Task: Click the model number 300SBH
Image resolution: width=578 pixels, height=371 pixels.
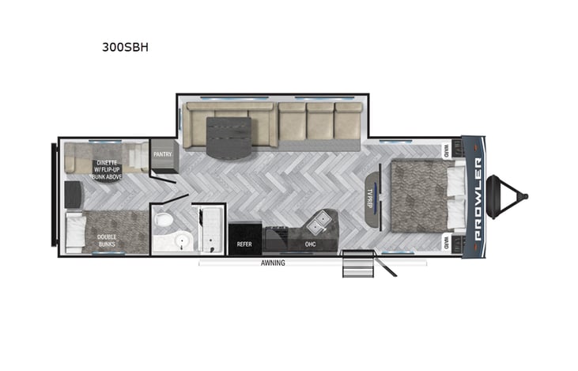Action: (125, 47)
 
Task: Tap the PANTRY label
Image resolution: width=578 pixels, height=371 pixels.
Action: (163, 154)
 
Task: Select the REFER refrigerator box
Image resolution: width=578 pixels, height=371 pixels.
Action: (244, 244)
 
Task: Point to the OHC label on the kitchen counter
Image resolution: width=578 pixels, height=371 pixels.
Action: (310, 244)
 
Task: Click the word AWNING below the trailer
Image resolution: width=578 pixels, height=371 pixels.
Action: (272, 263)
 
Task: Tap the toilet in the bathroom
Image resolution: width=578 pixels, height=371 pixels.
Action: (163, 219)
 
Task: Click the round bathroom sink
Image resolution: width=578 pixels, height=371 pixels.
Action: (182, 240)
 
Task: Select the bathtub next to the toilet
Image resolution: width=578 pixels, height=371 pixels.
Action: (211, 229)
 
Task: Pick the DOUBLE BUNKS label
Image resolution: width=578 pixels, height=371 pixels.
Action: (108, 239)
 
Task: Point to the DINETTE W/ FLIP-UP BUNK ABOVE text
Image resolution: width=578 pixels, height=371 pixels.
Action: (105, 169)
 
